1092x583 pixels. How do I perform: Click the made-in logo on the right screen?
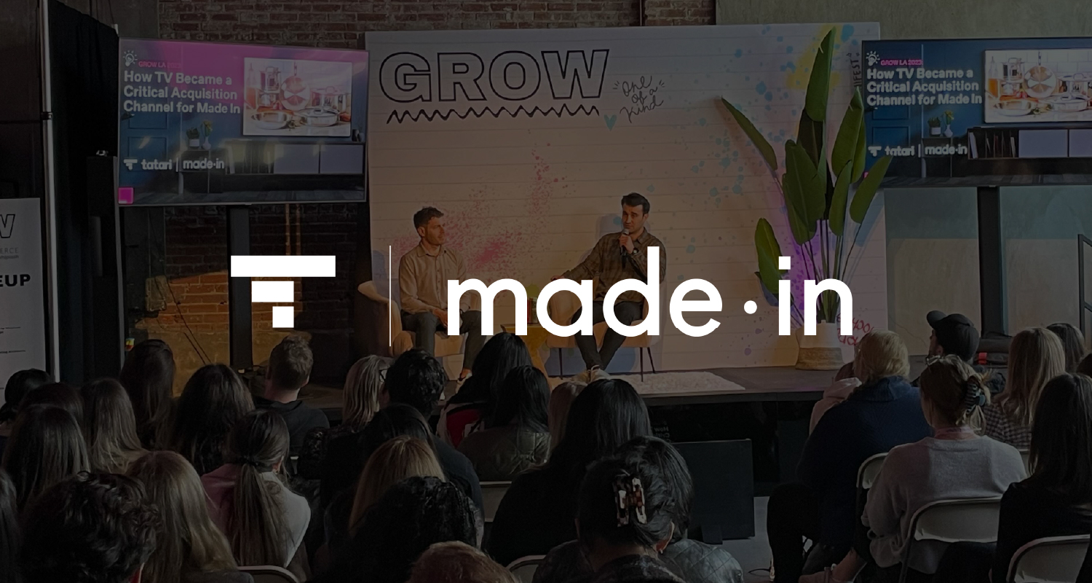[946, 149]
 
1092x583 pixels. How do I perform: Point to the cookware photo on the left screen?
[297, 97]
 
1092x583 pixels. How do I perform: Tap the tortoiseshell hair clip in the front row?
[631, 501]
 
